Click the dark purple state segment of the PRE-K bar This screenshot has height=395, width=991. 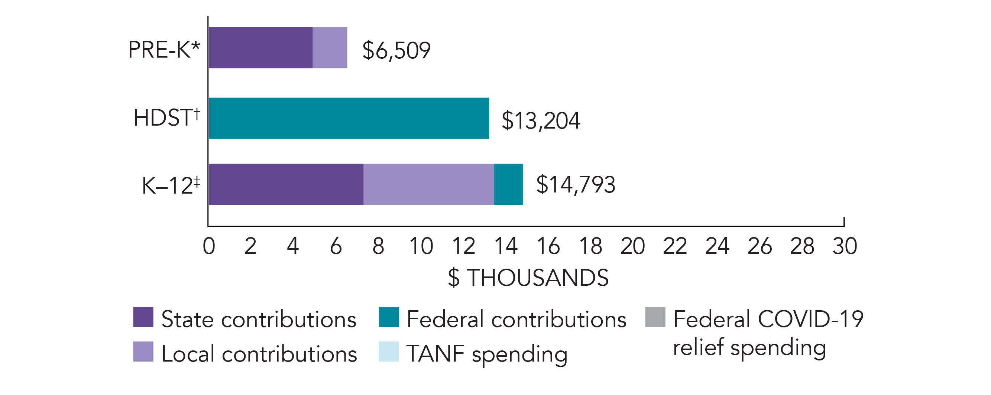[x=260, y=48]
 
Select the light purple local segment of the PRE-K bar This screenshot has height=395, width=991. [x=330, y=48]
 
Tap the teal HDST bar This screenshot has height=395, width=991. [x=349, y=118]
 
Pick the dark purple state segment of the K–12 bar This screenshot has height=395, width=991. [x=286, y=184]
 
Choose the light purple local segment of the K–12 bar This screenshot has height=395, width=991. [x=428, y=184]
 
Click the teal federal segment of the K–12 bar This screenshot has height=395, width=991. [x=508, y=184]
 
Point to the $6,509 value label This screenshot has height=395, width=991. [x=396, y=51]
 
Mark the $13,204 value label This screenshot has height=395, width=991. [x=541, y=121]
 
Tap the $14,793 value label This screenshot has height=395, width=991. [x=576, y=185]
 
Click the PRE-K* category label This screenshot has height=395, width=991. [x=164, y=50]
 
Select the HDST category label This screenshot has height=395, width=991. [x=166, y=118]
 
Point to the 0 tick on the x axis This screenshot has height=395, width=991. [x=209, y=246]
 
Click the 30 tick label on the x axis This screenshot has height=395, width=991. [x=845, y=246]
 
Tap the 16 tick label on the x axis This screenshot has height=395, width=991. [x=548, y=246]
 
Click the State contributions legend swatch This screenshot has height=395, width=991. [x=143, y=317]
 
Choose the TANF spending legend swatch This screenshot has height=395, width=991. [x=389, y=352]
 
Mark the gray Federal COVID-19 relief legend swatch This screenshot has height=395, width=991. [x=655, y=317]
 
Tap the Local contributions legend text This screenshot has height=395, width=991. [x=259, y=354]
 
